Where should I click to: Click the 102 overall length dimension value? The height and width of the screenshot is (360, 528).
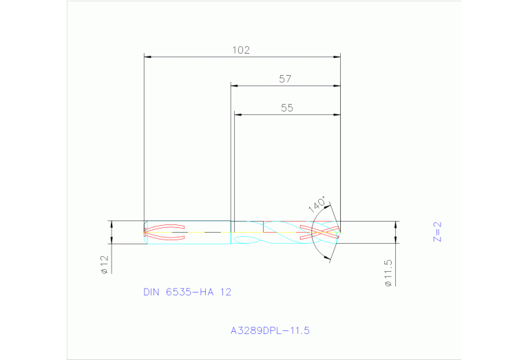[240, 50]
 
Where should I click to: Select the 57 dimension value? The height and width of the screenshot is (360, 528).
[286, 79]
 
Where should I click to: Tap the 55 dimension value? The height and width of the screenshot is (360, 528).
[287, 108]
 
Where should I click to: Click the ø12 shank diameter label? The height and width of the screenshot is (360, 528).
[104, 264]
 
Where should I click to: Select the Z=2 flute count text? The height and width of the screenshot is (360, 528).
[436, 232]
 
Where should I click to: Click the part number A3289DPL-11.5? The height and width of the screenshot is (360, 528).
[270, 330]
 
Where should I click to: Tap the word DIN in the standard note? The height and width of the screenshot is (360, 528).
[151, 292]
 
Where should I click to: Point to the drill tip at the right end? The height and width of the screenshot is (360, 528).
[341, 232]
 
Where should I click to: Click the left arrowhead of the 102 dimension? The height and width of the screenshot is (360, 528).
[147, 56]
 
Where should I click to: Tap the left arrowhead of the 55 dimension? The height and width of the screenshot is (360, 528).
[237, 115]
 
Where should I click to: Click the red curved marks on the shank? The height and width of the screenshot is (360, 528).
[165, 232]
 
